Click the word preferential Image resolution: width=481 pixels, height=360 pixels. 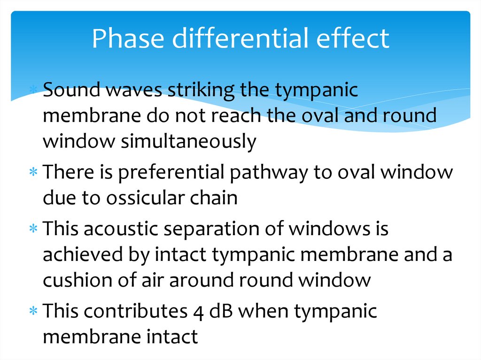pos(171,173)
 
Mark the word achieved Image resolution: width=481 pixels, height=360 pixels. pos(80,255)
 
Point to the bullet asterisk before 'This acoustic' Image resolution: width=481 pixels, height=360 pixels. pos(33,230)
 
